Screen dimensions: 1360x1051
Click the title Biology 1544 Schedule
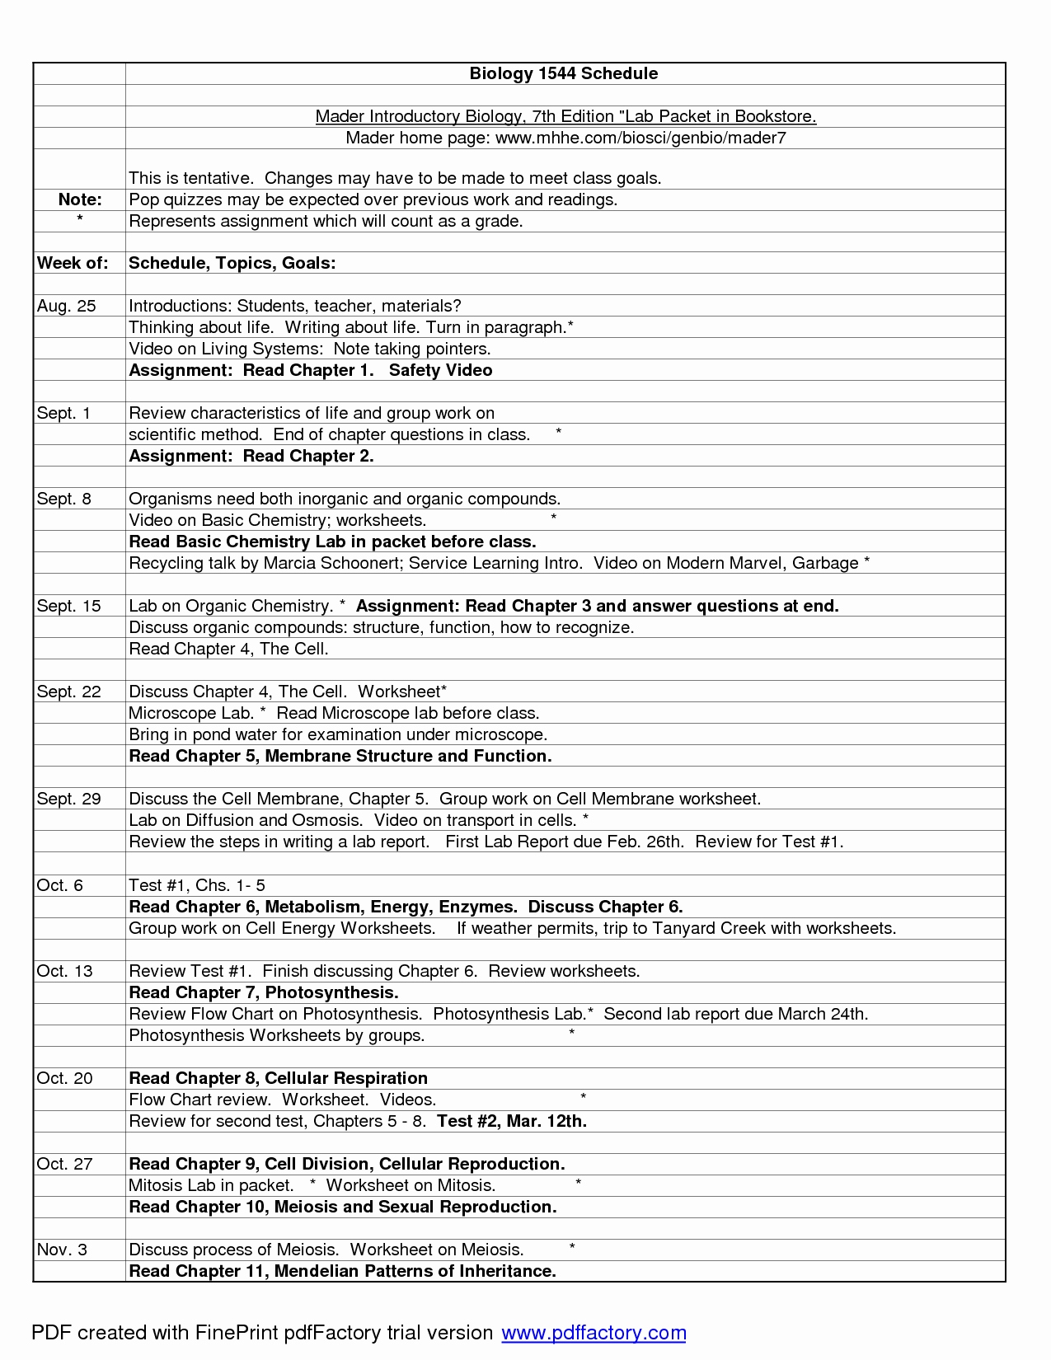pyautogui.click(x=564, y=73)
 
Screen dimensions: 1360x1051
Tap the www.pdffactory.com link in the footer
pyautogui.click(x=594, y=1333)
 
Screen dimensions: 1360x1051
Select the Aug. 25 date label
pyautogui.click(x=66, y=306)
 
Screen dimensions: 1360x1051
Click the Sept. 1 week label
pyautogui.click(x=63, y=413)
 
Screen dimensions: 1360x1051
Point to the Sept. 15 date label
pyautogui.click(x=68, y=606)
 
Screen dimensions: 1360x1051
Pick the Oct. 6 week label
pyautogui.click(x=60, y=885)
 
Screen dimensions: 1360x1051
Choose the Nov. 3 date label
pyautogui.click(x=62, y=1250)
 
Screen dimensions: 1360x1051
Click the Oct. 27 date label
pyautogui.click(x=65, y=1164)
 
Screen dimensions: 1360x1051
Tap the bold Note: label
pyautogui.click(x=80, y=199)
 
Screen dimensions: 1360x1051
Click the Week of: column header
pyautogui.click(x=73, y=263)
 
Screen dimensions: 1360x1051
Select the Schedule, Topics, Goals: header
pyautogui.click(x=232, y=263)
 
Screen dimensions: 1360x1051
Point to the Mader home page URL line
pyautogui.click(x=565, y=138)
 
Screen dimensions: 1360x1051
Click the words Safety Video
pyautogui.click(x=440, y=370)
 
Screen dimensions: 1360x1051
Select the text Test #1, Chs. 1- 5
pyautogui.click(x=197, y=885)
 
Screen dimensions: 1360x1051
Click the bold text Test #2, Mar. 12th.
pyautogui.click(x=512, y=1121)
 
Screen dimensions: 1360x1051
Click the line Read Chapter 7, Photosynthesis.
pyautogui.click(x=264, y=992)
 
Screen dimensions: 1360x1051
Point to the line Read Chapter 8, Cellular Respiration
pyautogui.click(x=279, y=1078)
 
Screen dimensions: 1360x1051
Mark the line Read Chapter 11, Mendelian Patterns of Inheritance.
pyautogui.click(x=343, y=1271)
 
